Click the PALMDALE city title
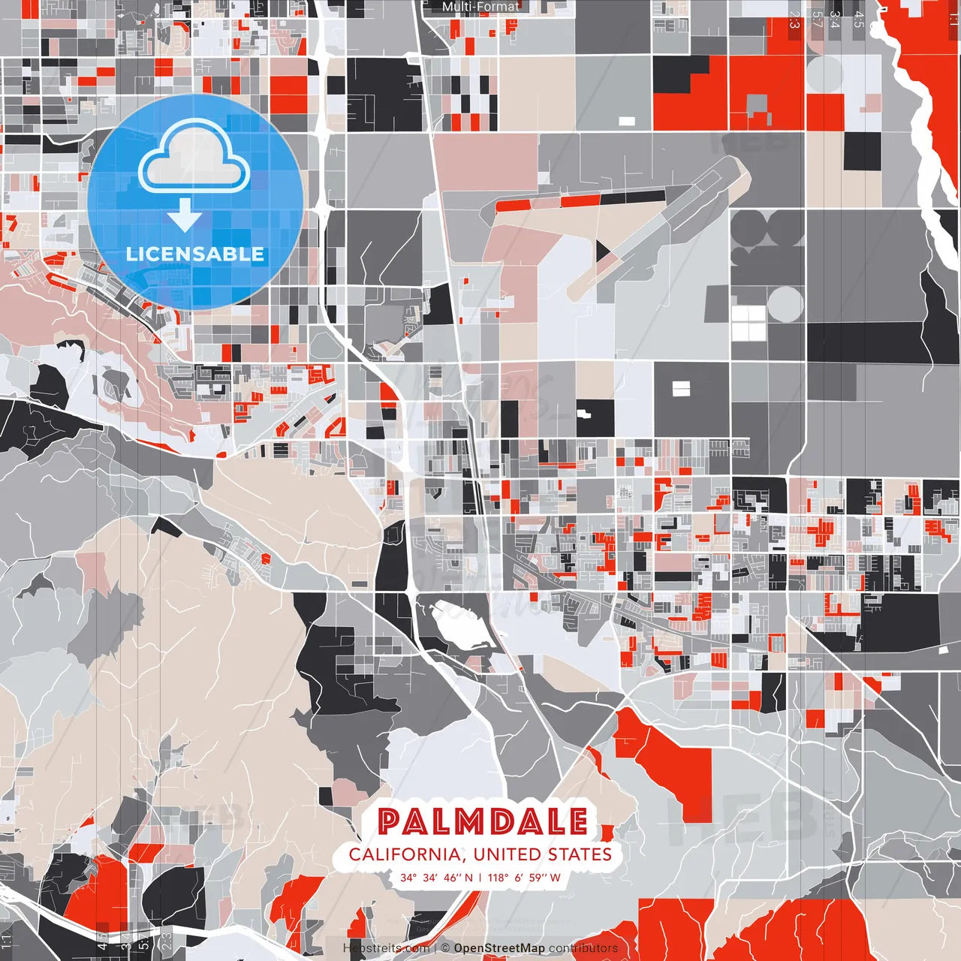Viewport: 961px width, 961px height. pyautogui.click(x=483, y=821)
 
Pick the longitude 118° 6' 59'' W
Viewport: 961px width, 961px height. pyautogui.click(x=524, y=878)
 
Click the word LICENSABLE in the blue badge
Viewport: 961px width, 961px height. pyautogui.click(x=195, y=254)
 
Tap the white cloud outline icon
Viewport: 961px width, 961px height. pyautogui.click(x=194, y=157)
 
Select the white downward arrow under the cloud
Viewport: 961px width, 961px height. pyautogui.click(x=185, y=216)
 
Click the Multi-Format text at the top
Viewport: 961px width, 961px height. pyautogui.click(x=480, y=7)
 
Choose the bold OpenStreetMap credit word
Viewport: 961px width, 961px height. pyautogui.click(x=499, y=948)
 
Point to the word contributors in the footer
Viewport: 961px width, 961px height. pyautogui.click(x=583, y=948)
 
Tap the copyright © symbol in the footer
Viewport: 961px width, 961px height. pyautogui.click(x=446, y=948)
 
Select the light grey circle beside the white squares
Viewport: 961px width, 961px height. pyautogui.click(x=785, y=304)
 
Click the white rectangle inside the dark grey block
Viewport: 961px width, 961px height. pyautogui.click(x=680, y=388)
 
